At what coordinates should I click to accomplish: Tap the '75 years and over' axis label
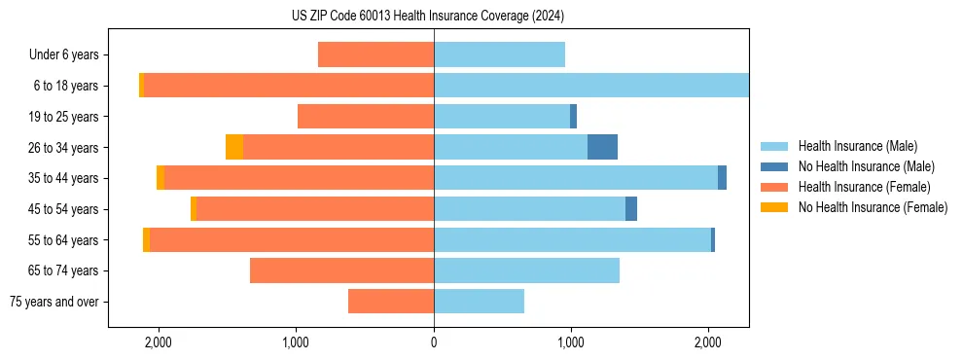click(54, 302)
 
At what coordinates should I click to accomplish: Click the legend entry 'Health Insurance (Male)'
click(857, 146)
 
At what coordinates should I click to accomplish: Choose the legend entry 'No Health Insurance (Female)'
click(873, 207)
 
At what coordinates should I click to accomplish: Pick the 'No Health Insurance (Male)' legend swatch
click(773, 166)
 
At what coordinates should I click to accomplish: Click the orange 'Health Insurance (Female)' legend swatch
click(773, 187)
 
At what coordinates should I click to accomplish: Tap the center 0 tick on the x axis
click(434, 342)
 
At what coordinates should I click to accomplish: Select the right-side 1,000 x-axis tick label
click(571, 342)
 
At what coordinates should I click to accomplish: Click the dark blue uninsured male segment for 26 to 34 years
click(602, 147)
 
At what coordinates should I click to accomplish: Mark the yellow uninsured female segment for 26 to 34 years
click(234, 147)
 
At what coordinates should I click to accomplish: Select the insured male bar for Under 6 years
click(499, 54)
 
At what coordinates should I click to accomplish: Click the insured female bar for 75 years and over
click(391, 302)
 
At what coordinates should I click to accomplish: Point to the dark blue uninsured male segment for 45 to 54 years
click(631, 208)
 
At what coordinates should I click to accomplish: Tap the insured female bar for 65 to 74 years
click(341, 270)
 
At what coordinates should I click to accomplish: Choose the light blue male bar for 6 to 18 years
click(590, 86)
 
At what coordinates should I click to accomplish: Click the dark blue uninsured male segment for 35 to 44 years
click(722, 178)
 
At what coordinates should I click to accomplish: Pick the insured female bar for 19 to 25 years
click(366, 117)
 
